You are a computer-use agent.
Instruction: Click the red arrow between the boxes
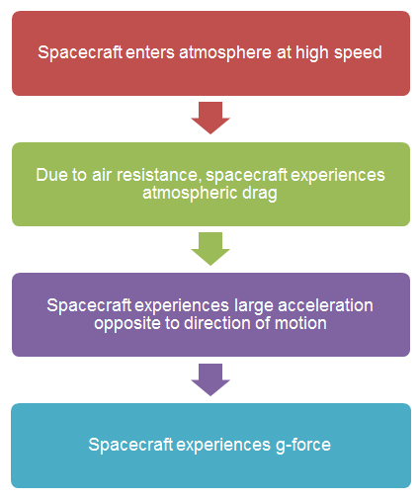tap(210, 118)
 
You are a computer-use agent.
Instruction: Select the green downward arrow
tap(210, 248)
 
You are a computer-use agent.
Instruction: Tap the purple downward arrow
tap(210, 379)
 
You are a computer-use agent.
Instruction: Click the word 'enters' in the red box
tap(150, 52)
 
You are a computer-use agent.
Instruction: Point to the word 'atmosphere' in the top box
tap(225, 53)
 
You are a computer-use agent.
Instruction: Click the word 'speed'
tap(358, 53)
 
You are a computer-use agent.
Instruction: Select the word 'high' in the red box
tap(312, 53)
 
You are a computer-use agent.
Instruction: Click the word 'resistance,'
tap(159, 175)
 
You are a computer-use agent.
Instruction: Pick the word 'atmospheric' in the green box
tap(190, 194)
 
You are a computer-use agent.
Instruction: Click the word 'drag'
tap(260, 194)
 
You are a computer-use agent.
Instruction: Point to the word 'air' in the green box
tap(102, 175)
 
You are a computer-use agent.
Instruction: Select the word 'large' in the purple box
tap(254, 306)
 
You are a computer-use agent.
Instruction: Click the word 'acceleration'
tap(325, 305)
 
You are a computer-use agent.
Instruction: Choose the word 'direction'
tap(217, 323)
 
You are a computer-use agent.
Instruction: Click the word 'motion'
tap(300, 323)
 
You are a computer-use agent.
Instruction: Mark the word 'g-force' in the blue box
tap(303, 445)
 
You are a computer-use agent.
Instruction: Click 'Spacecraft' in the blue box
tap(130, 445)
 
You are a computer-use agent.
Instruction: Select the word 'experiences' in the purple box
tap(182, 306)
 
